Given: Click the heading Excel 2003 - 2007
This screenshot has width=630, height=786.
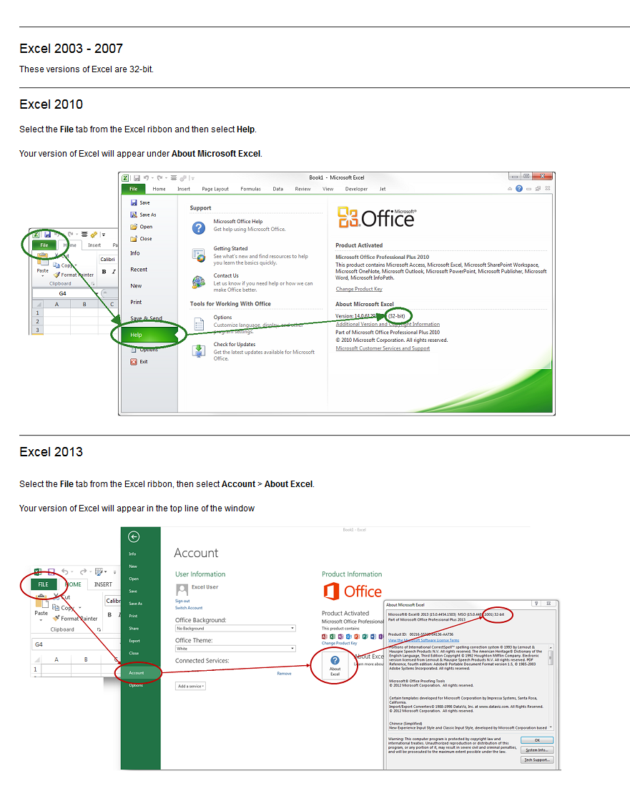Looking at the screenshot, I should (x=71, y=49).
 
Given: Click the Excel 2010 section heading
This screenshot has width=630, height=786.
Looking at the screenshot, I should (x=51, y=104).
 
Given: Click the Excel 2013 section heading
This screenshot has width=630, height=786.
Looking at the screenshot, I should (x=51, y=452).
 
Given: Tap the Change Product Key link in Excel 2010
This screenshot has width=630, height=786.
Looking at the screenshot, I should (x=359, y=289).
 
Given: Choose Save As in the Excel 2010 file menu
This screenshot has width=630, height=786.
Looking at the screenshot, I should (x=147, y=215).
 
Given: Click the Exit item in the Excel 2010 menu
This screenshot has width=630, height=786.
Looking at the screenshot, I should (x=143, y=362).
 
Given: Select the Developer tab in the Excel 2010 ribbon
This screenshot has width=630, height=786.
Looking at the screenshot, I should (x=356, y=189).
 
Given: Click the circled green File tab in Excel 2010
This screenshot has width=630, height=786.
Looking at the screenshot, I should (x=44, y=245).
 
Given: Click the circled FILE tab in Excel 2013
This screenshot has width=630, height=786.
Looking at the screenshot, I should (x=44, y=584).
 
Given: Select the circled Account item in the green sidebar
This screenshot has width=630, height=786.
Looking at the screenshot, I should (x=137, y=672).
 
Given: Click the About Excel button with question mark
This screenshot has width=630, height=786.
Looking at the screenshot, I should (x=335, y=664).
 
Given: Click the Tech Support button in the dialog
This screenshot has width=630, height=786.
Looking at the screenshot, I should (x=536, y=760).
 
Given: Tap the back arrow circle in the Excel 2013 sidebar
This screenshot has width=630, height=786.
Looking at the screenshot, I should (x=134, y=537).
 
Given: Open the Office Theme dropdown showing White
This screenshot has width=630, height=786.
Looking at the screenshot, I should (x=235, y=649).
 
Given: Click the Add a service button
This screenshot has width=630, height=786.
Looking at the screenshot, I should (x=190, y=686).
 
